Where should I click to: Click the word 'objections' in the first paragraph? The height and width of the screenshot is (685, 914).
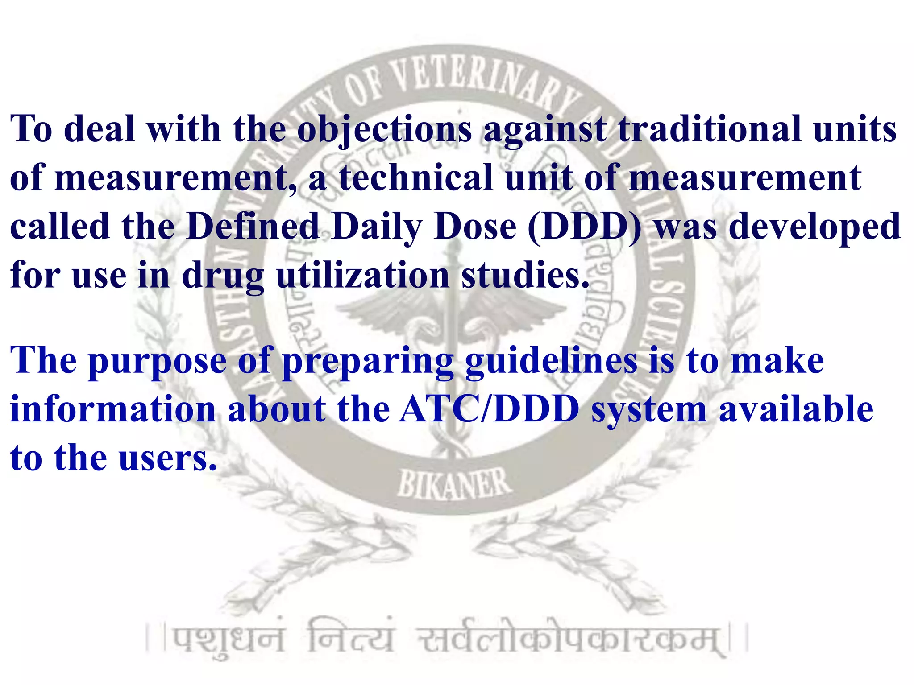[x=384, y=130]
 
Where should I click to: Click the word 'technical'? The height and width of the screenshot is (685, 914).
[x=415, y=178]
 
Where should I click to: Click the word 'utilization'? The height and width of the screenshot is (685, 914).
[x=362, y=275]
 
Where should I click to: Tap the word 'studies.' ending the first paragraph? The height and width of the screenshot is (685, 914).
[x=525, y=275]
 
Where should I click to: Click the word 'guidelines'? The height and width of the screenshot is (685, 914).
[x=551, y=361]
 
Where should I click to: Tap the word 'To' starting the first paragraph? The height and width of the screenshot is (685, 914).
[x=31, y=130]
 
